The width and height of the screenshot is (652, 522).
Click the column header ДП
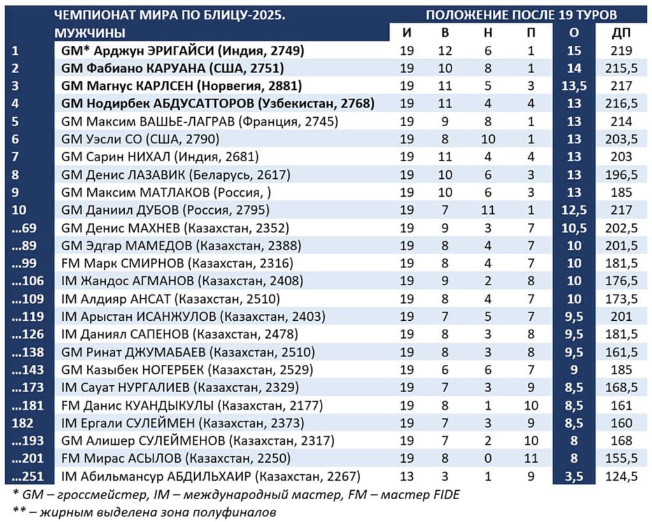tap(621, 32)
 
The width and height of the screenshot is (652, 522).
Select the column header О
tap(573, 32)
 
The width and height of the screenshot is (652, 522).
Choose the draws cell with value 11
tap(486, 209)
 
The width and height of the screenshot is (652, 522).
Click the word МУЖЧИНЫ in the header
tap(90, 32)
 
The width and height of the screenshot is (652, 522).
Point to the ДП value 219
tap(621, 50)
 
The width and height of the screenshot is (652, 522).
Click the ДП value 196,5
tap(621, 174)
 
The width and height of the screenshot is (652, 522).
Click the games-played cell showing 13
tap(407, 476)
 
